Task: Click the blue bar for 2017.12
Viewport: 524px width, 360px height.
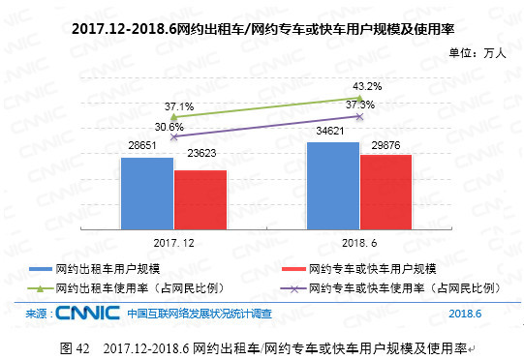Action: tap(146, 192)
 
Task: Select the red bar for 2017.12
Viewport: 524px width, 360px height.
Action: tap(200, 198)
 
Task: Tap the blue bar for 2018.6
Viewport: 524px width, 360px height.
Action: tap(332, 184)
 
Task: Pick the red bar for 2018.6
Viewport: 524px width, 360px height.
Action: tap(385, 190)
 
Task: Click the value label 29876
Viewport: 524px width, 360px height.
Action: tap(385, 144)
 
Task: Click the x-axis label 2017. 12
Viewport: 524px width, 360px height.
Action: tap(173, 238)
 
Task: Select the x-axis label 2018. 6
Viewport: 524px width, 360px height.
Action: tap(358, 238)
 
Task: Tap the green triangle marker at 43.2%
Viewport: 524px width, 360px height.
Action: tap(359, 98)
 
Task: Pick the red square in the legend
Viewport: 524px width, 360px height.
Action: tap(292, 268)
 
